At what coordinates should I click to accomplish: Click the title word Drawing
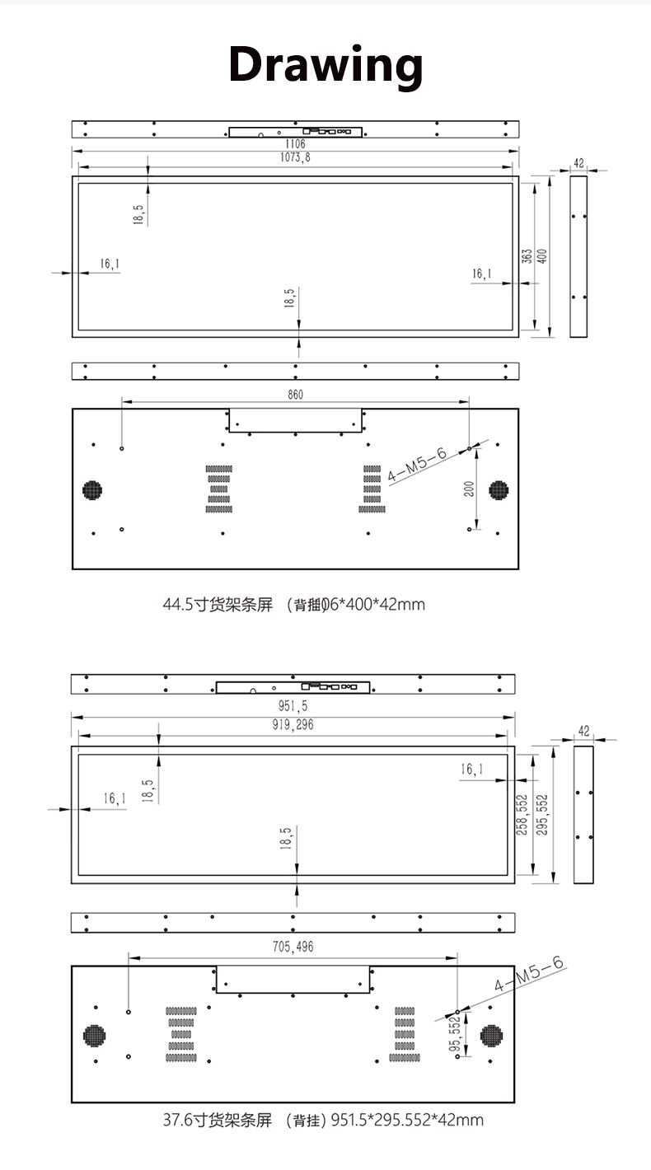click(x=325, y=64)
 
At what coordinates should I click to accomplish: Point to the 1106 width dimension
click(x=295, y=143)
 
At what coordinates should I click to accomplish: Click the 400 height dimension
click(x=542, y=256)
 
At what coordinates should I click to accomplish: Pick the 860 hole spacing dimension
click(x=295, y=395)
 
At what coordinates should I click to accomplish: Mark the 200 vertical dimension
click(x=469, y=489)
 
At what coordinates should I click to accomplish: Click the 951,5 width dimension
click(x=293, y=706)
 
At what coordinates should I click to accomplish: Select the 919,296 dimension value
click(x=293, y=725)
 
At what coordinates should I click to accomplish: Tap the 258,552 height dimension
click(x=521, y=814)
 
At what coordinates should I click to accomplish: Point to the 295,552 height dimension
click(x=541, y=814)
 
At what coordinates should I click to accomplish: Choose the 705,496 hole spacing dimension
click(x=293, y=947)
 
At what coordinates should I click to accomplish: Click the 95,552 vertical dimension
click(x=454, y=1035)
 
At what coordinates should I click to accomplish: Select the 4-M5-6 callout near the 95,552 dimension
click(x=528, y=975)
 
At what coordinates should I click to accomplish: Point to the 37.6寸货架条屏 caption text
click(x=217, y=1121)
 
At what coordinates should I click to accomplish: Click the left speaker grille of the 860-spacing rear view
click(x=94, y=489)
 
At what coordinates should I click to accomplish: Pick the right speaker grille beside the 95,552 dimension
click(x=492, y=1036)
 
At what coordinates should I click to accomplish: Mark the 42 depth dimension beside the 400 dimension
click(x=578, y=163)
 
